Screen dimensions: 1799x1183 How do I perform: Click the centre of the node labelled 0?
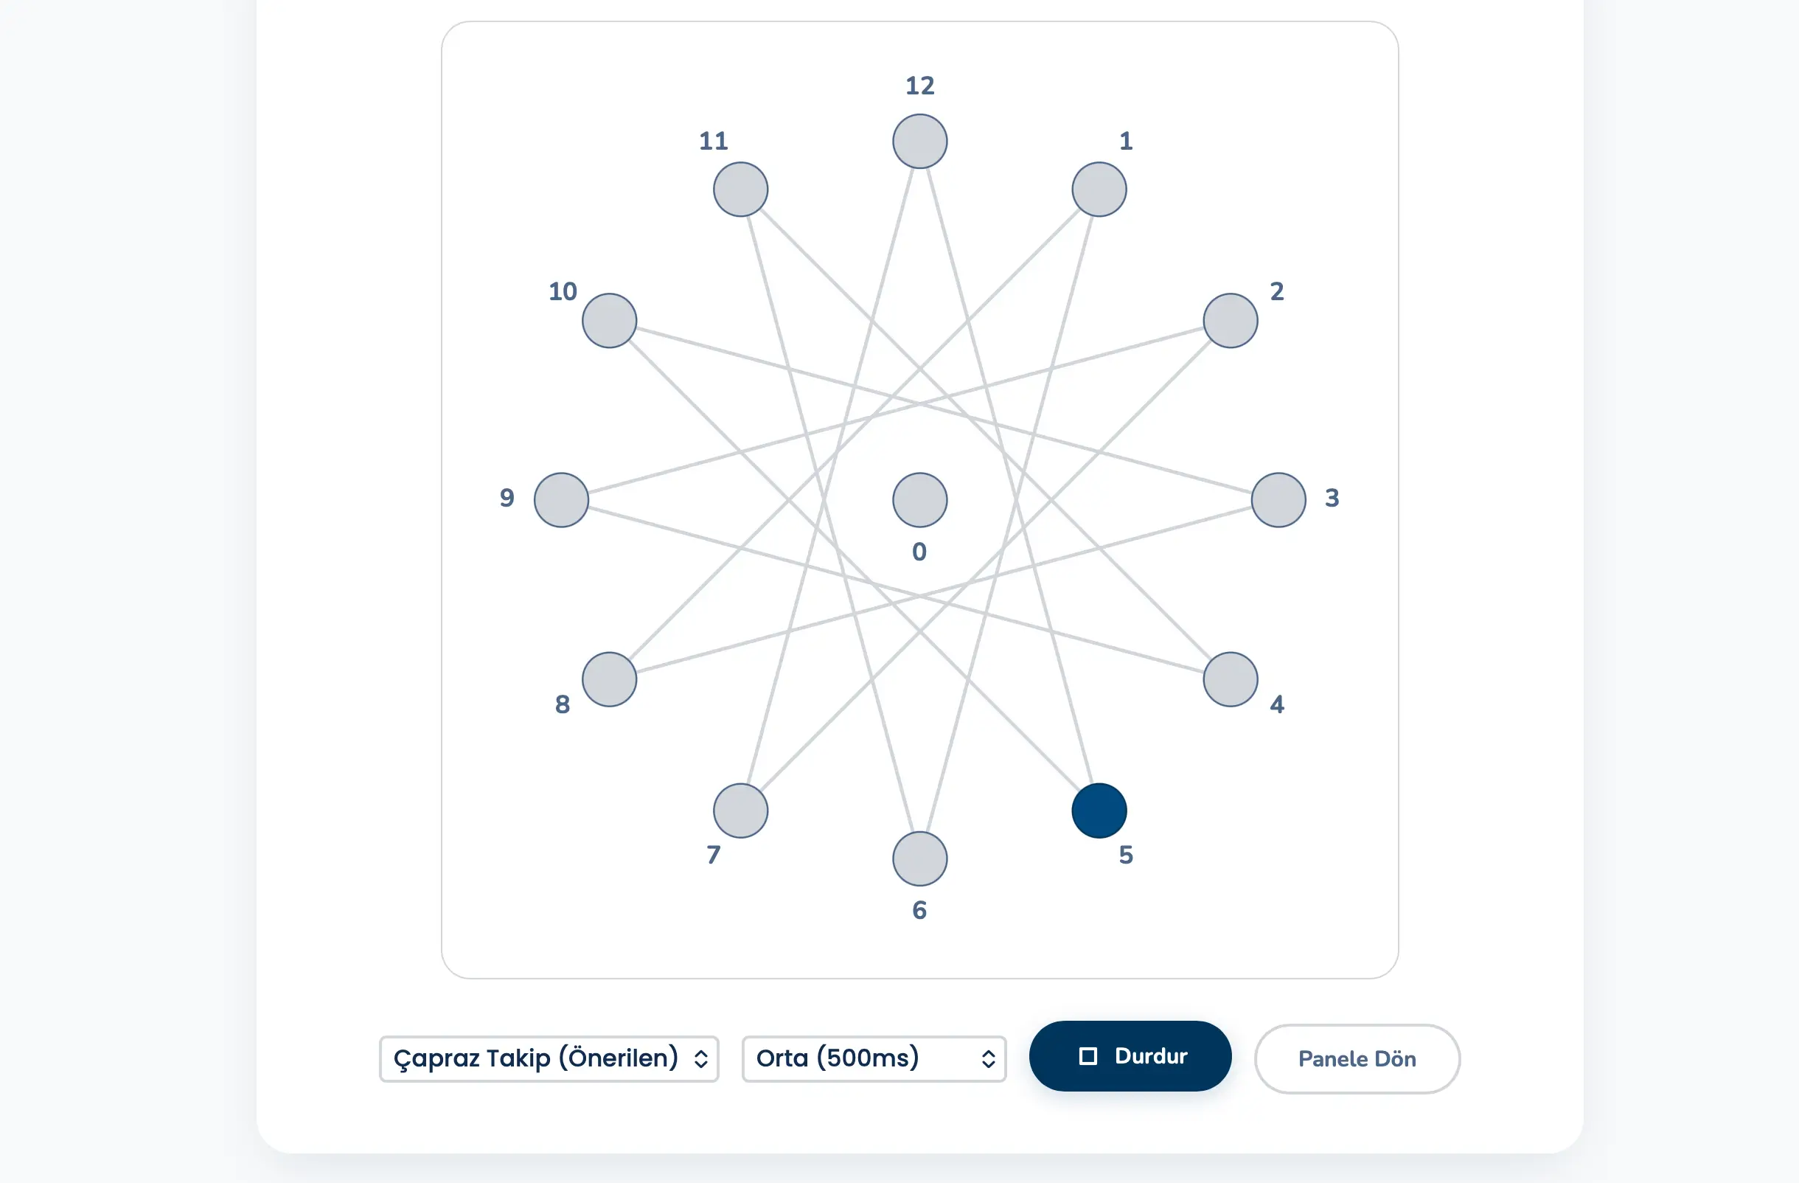[x=920, y=499]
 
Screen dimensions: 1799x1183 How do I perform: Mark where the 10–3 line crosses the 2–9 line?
[x=920, y=403]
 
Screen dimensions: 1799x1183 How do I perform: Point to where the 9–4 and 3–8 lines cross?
[x=920, y=597]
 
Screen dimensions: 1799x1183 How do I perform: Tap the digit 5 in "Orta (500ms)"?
[x=835, y=1058]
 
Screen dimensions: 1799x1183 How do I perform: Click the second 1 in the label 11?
[x=721, y=141]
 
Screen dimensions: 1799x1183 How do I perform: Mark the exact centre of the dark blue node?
[x=1099, y=811]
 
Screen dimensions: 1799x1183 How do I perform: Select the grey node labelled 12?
[x=920, y=142]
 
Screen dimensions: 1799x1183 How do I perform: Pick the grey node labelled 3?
[x=1278, y=499]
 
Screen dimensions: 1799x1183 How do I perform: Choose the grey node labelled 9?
[x=562, y=499]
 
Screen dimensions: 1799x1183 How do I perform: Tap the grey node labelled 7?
[x=741, y=811]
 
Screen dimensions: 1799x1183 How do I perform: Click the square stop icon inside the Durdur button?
[x=1088, y=1056]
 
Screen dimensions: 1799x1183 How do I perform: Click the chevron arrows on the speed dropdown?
[x=988, y=1059]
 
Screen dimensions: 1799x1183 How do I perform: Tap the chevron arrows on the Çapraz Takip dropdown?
[x=700, y=1059]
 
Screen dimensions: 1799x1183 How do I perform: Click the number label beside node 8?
[x=563, y=704]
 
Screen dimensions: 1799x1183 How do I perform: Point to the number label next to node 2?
[x=1277, y=291]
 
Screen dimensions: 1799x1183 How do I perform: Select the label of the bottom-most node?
[x=919, y=909]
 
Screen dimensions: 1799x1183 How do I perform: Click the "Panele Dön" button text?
[x=1357, y=1058]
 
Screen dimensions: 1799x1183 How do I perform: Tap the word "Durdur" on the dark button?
[x=1151, y=1056]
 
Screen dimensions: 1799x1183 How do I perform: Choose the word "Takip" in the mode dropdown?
[x=518, y=1058]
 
